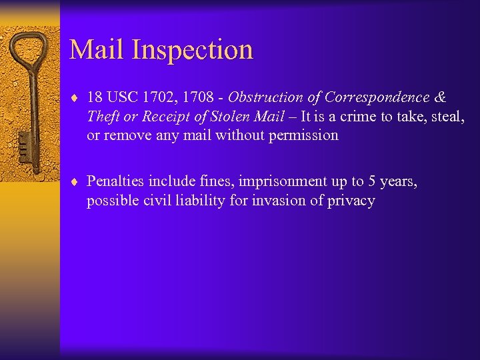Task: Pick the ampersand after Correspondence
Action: tap(439, 97)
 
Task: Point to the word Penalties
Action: tap(116, 181)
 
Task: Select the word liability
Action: tap(199, 201)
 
